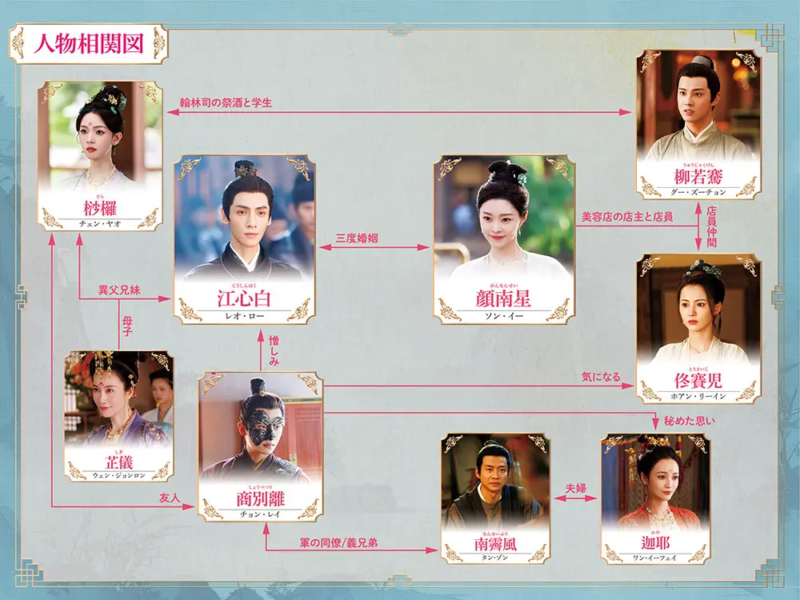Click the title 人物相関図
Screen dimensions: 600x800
(89, 43)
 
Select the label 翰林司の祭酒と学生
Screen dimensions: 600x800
(225, 102)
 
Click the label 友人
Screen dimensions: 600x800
(169, 498)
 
